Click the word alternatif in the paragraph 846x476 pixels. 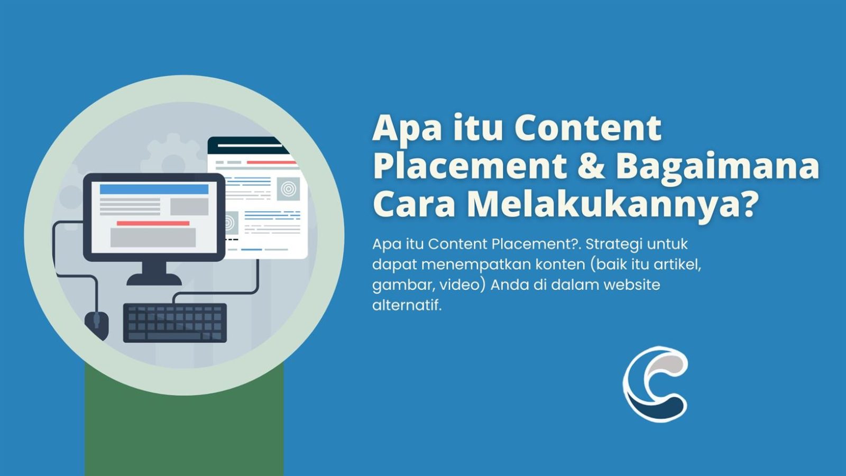click(x=406, y=305)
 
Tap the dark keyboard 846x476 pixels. click(x=175, y=322)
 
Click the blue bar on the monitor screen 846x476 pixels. click(x=154, y=189)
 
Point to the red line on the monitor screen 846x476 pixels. click(x=153, y=223)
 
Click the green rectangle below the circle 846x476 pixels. click(x=183, y=434)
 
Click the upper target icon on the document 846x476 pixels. click(x=288, y=189)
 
